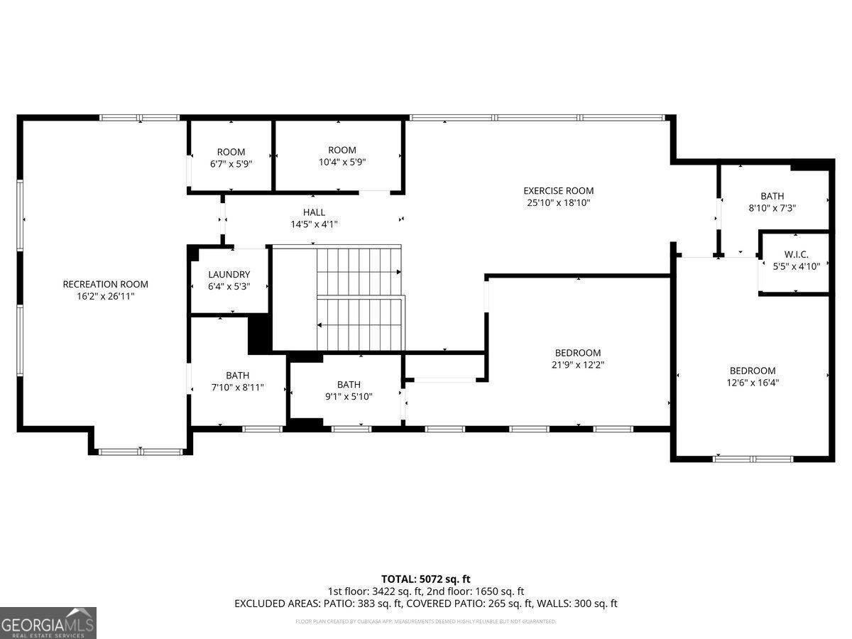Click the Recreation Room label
coord(105,284)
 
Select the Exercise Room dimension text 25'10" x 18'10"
coord(558,202)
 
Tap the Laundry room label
coord(229,275)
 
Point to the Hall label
coord(314,212)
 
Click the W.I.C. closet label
coord(796,255)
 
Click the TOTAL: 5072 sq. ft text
coord(425,579)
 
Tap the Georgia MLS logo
coord(48,623)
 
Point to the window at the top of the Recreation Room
coord(139,118)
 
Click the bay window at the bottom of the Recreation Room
coord(141,452)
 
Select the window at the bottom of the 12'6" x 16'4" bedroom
coord(753,459)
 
